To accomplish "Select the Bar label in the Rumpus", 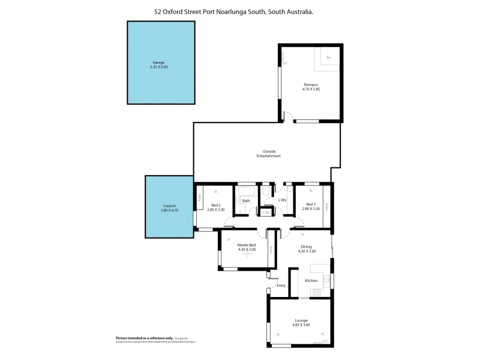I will (x=329, y=58).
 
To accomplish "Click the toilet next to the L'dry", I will (x=266, y=193).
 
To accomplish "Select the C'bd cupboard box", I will (x=266, y=212).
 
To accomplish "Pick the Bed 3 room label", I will (x=310, y=205).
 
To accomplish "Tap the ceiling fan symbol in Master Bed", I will (x=247, y=254).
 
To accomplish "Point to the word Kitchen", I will (x=311, y=281).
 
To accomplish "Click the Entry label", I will (x=281, y=286).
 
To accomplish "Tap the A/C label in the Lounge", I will (x=325, y=341).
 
